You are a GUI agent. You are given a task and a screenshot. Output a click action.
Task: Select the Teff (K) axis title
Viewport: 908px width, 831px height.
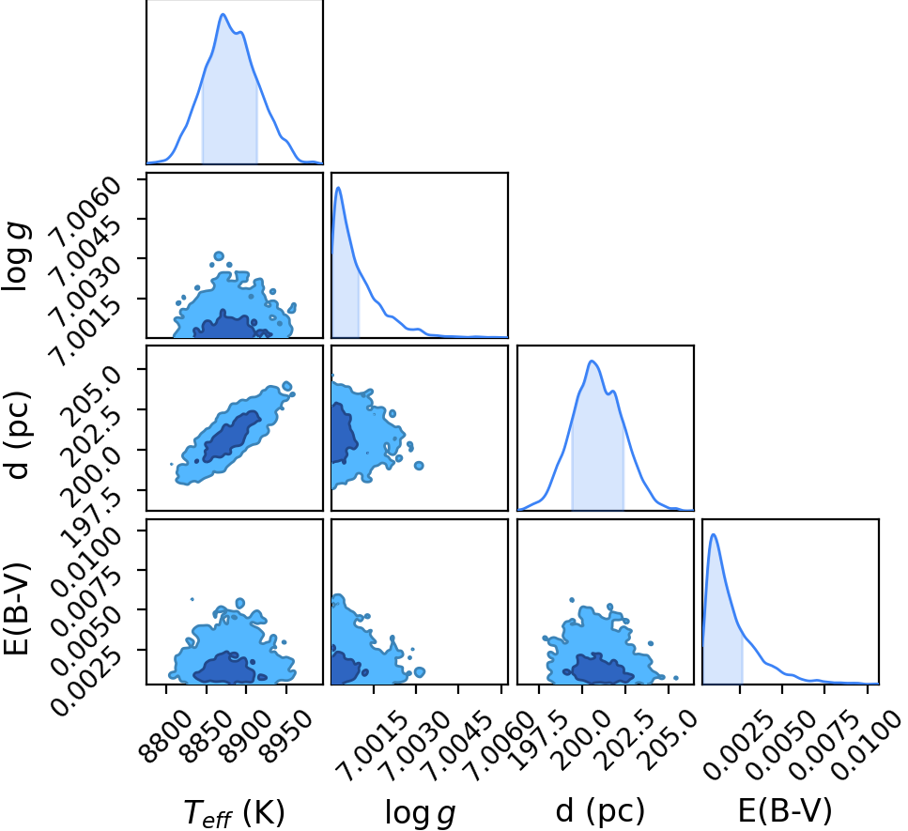coord(234,812)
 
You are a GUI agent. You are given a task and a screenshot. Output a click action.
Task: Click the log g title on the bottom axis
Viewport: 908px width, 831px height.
coord(420,813)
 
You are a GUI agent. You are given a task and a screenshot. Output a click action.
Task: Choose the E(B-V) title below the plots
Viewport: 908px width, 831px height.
coord(785,810)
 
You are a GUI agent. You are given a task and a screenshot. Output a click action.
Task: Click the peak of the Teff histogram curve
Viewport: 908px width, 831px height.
coord(223,14)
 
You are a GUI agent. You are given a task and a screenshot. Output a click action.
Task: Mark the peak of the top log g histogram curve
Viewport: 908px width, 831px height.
coord(338,187)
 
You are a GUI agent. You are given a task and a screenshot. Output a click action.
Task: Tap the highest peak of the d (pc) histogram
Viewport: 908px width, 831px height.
coord(592,361)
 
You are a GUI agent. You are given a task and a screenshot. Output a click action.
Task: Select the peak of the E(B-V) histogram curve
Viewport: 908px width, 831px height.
coord(714,534)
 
